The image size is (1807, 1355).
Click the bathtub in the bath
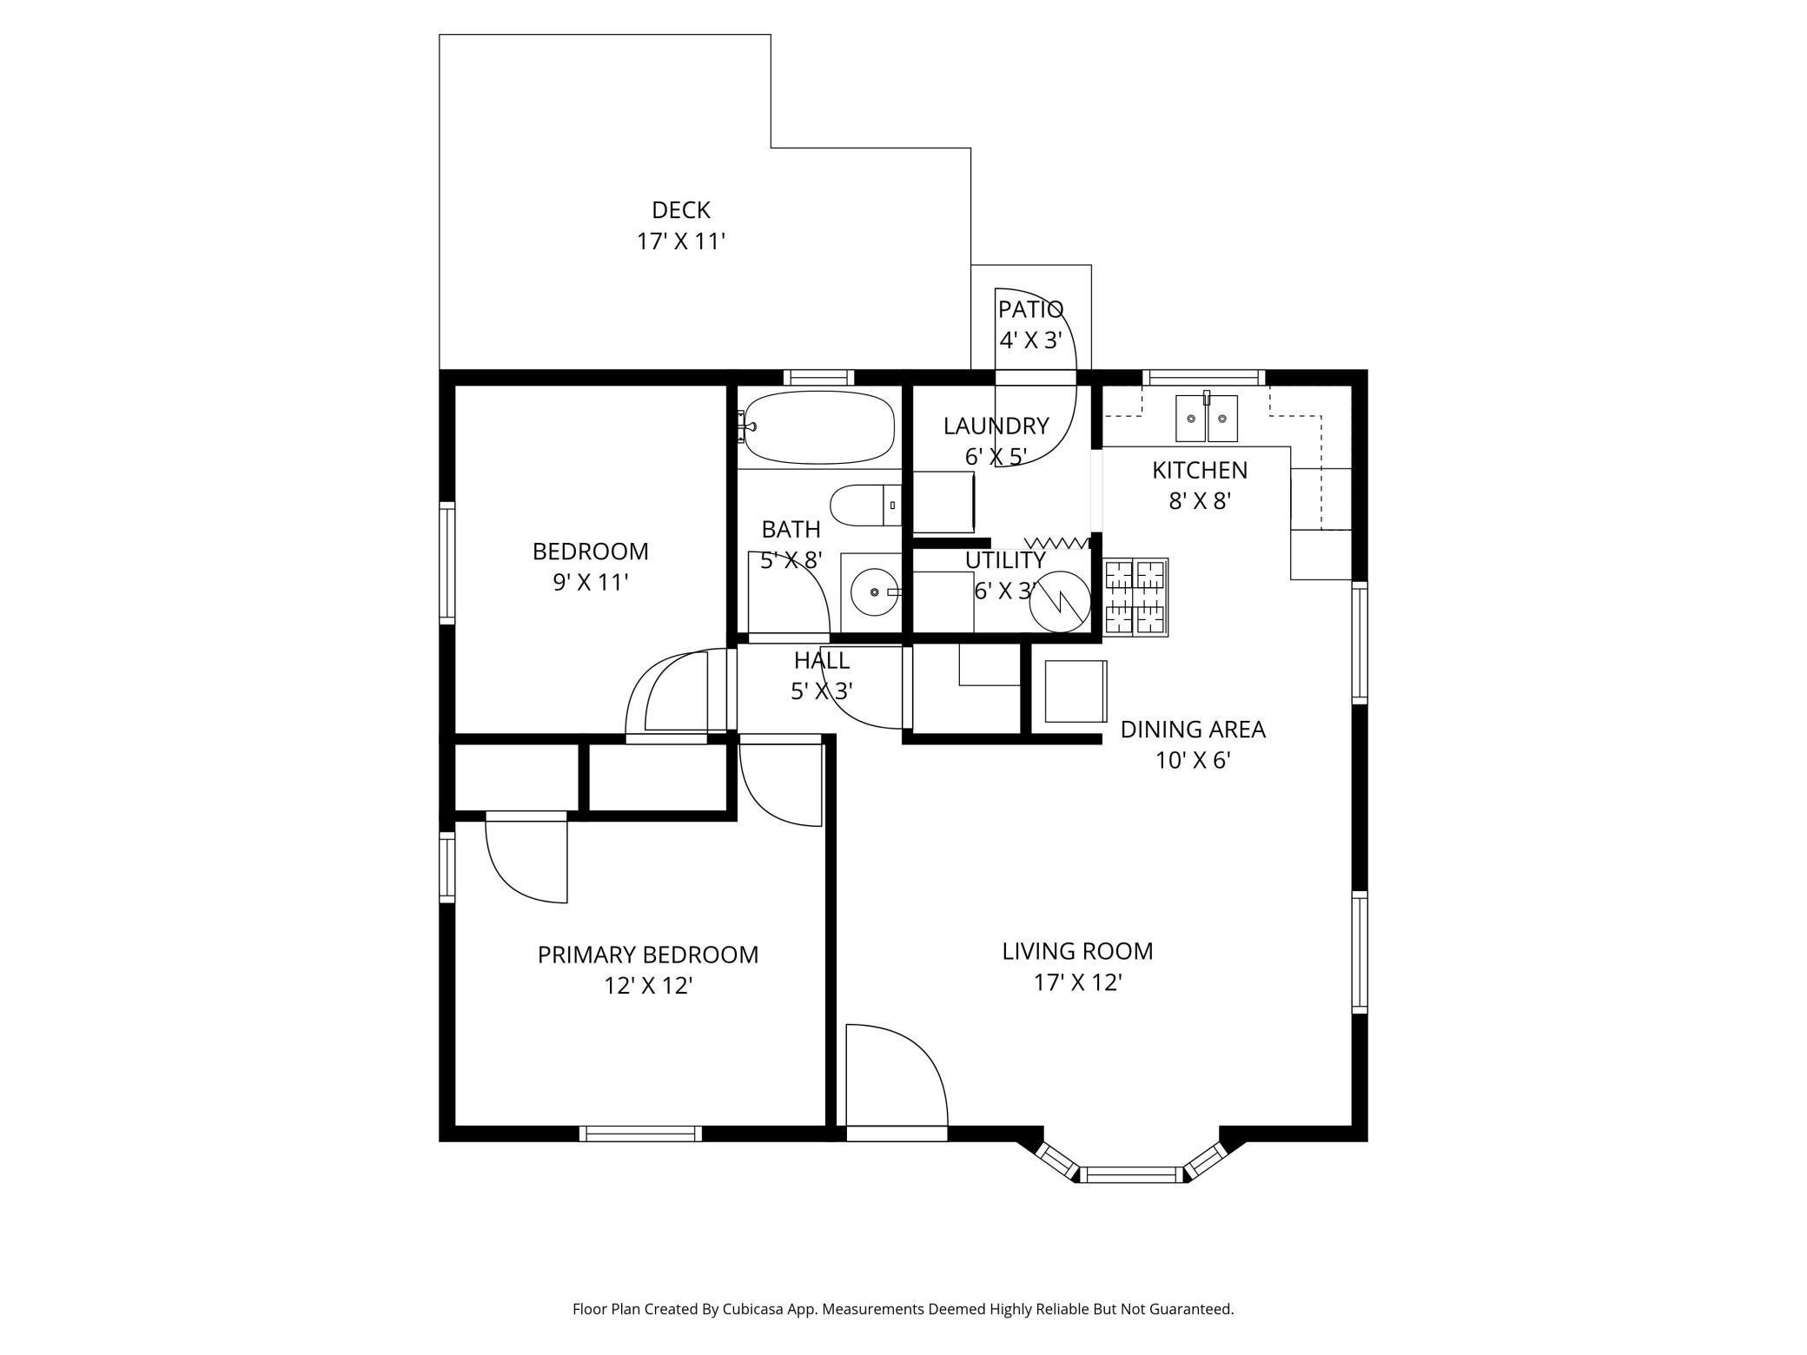[818, 426]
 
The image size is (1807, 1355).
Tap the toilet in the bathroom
[865, 506]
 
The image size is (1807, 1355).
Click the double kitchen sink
[1207, 418]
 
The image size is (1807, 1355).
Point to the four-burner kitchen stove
[1136, 597]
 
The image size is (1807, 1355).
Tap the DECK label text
[681, 210]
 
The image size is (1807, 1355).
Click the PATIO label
[1030, 309]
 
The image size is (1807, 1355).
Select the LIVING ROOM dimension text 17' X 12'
[1078, 982]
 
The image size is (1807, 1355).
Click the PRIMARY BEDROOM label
[648, 955]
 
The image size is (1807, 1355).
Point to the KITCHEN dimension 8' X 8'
[1200, 501]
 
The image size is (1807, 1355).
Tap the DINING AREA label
[1193, 730]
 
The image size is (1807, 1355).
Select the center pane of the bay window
[1132, 1175]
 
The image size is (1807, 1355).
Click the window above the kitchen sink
[1203, 377]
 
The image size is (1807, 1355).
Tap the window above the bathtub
[818, 377]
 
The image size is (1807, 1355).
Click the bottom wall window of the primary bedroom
[640, 1134]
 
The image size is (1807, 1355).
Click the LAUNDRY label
[996, 426]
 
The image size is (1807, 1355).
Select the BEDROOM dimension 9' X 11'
[591, 583]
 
